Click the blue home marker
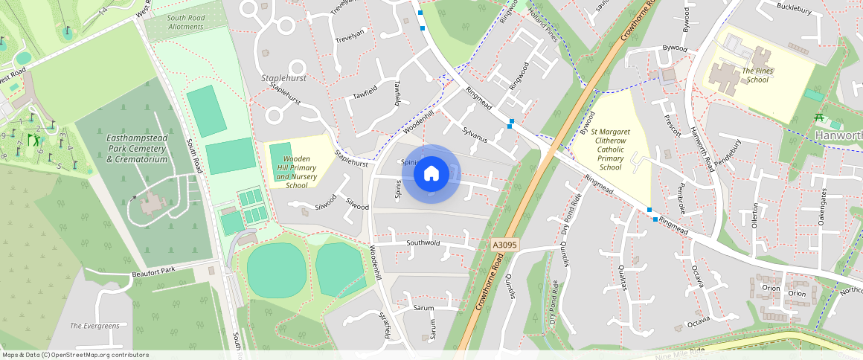(x=431, y=174)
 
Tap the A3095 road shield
(x=504, y=244)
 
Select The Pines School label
(x=757, y=75)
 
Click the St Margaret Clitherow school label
(x=610, y=150)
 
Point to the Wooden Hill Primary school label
(x=297, y=172)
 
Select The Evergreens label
(x=94, y=326)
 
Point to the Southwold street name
(x=423, y=242)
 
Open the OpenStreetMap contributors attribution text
(x=75, y=355)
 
